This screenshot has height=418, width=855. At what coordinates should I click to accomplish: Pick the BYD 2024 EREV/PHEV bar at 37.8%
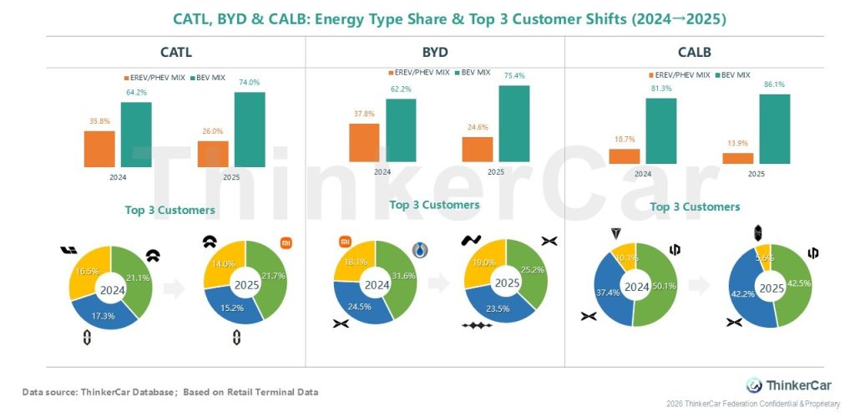tap(364, 143)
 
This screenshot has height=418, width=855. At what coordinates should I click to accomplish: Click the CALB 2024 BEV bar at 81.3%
tap(660, 130)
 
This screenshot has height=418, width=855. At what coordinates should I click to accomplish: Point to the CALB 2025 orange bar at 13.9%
tap(737, 158)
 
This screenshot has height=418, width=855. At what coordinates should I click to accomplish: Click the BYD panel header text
tap(435, 52)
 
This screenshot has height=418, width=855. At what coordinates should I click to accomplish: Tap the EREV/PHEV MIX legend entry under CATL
tap(155, 78)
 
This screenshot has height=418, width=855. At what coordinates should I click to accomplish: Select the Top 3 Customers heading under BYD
tap(434, 205)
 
